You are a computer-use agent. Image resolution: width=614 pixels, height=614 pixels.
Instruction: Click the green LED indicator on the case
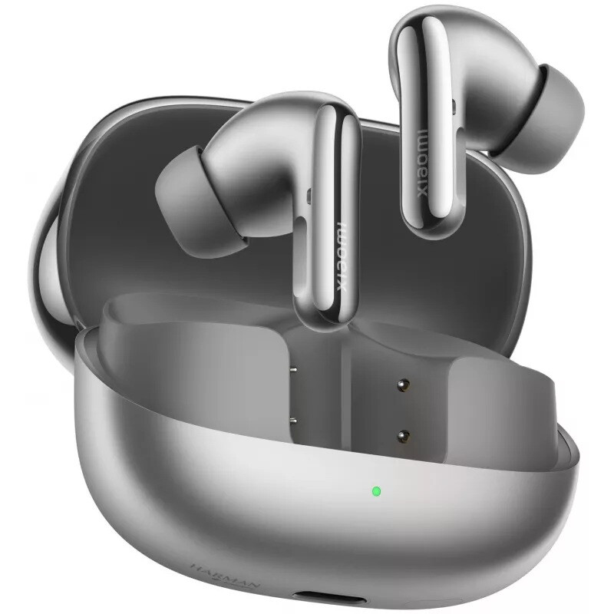click(x=375, y=490)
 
